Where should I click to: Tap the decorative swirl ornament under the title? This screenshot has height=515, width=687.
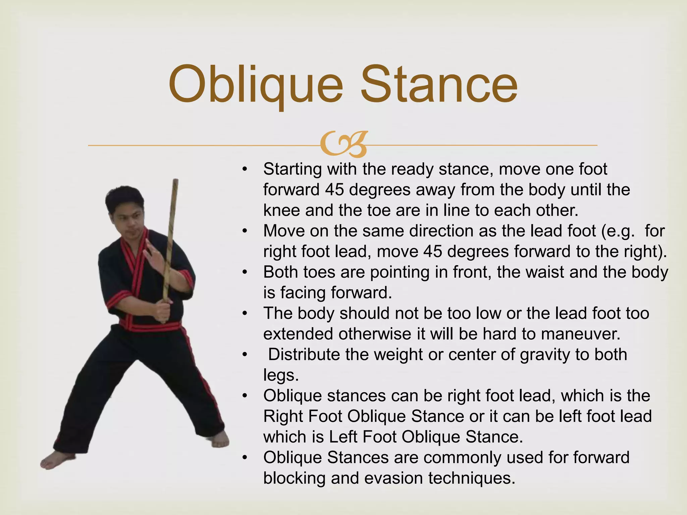pyautogui.click(x=343, y=145)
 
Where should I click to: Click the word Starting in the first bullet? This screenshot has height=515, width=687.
pyautogui.click(x=292, y=169)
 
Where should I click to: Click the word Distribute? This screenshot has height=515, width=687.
pyautogui.click(x=304, y=355)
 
